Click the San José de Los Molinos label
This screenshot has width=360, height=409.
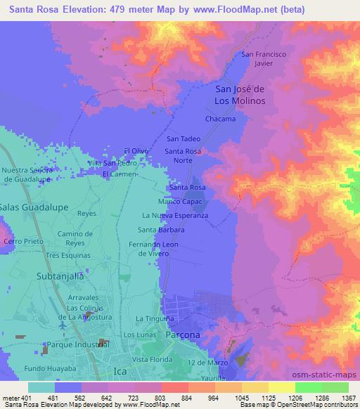[x=238, y=95]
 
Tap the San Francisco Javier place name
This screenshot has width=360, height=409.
[x=263, y=58]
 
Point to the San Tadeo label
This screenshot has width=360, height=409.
[x=183, y=139]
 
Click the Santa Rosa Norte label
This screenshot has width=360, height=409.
[x=188, y=155]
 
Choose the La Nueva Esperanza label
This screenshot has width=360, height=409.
[x=175, y=216]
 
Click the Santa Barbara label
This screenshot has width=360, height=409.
[x=161, y=230]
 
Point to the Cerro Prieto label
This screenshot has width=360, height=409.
[x=19, y=241]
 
